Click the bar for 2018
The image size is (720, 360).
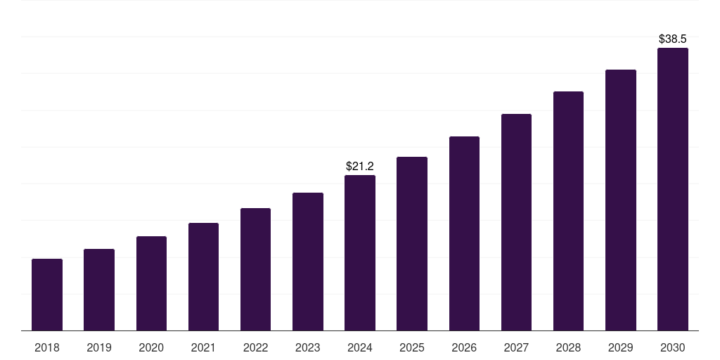pos(47,295)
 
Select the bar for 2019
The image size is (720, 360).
pos(99,290)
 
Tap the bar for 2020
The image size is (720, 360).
pos(151,283)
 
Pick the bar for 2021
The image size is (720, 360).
pos(203,277)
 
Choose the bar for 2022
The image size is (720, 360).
pos(255,269)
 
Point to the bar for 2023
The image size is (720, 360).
pos(308,262)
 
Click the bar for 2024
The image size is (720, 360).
pos(360,253)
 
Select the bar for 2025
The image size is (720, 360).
pos(412,244)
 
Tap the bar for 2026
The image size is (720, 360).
pos(464,233)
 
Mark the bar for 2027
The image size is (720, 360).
pos(516,222)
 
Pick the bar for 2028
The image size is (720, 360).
pos(568,211)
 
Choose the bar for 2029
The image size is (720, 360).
pos(621,200)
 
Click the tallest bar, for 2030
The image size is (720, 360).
pos(673,189)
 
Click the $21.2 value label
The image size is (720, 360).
pos(360,167)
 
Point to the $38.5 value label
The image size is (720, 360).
pos(673,39)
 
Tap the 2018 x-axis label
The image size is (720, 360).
pos(47,347)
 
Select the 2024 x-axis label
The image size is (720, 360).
pos(360,347)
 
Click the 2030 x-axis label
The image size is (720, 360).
pos(673,347)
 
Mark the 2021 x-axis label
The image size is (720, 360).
pos(203,347)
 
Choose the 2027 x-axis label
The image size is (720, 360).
pos(516,347)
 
